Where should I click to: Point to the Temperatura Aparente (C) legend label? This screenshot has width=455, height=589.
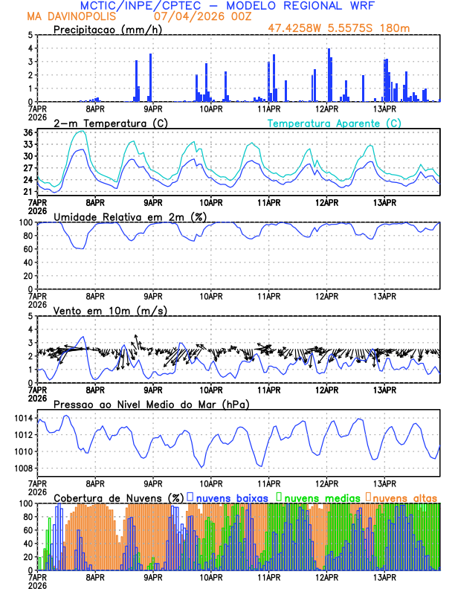(334, 123)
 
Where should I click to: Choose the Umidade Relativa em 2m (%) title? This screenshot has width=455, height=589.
(129, 216)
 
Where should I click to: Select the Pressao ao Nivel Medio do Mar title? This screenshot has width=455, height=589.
(151, 404)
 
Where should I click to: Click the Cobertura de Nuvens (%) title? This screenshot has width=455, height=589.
(118, 498)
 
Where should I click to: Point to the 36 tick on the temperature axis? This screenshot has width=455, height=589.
(28, 132)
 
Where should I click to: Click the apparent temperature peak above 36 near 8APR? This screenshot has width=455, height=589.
(80, 131)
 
